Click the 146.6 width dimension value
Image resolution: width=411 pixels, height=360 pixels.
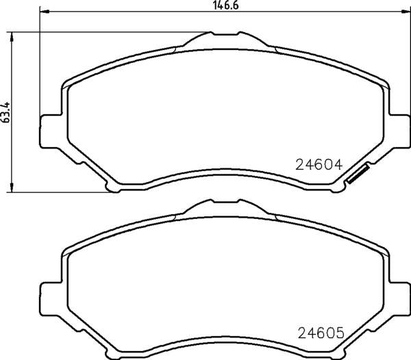pos(226,5)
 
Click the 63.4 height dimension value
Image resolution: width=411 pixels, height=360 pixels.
pos(6,112)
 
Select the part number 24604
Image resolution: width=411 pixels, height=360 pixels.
pos(319,165)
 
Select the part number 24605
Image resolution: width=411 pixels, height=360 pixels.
pos(321,333)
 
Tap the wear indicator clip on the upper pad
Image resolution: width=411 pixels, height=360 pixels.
pos(358,174)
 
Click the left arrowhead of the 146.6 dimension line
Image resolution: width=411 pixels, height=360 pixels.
pos(44,12)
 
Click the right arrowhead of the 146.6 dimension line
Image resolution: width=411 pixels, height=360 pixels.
pos(406,12)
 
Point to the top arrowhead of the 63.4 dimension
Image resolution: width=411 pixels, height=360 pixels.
pos(11,37)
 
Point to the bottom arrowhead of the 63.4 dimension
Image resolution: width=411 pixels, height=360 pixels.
pos(11,188)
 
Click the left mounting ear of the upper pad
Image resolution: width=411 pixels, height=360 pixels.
pos(51,131)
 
